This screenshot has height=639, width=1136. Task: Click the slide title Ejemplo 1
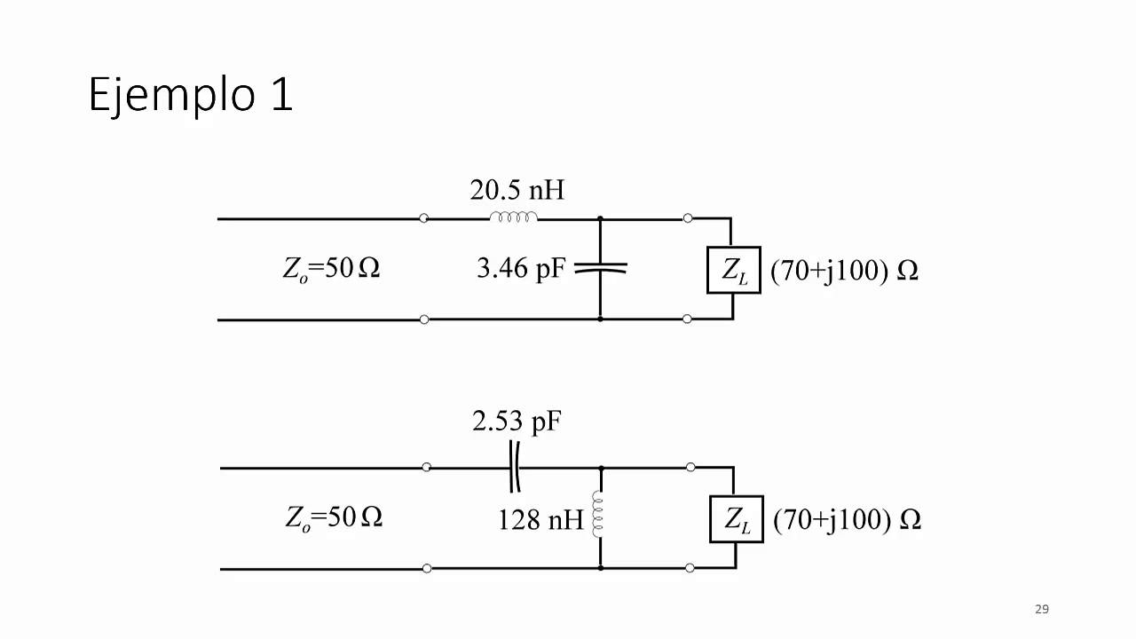tap(191, 95)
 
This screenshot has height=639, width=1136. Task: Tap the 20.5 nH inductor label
tap(517, 190)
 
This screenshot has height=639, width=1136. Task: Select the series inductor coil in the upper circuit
tap(513, 217)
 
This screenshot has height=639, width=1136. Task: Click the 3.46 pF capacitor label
tap(521, 268)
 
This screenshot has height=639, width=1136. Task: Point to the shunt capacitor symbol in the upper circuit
tap(601, 268)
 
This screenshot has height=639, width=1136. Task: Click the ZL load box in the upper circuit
tap(734, 270)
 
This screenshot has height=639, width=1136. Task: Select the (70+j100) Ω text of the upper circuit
tap(844, 271)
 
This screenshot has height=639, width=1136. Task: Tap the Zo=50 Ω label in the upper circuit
tap(331, 269)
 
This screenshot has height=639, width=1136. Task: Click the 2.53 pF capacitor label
tap(517, 422)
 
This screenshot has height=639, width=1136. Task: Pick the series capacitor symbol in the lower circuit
tap(515, 467)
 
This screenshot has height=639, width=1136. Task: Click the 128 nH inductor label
tap(540, 520)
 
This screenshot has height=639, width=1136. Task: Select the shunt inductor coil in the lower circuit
tap(598, 514)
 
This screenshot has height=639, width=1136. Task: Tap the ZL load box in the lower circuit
tap(737, 519)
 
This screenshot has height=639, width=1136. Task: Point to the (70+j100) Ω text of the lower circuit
tap(847, 520)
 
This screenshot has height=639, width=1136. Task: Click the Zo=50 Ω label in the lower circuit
tap(334, 517)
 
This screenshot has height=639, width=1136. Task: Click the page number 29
tap(1042, 609)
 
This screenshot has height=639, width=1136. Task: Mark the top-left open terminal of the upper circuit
tap(423, 218)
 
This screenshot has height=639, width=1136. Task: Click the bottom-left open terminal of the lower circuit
tap(427, 569)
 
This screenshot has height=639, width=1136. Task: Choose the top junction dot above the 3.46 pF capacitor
tap(600, 218)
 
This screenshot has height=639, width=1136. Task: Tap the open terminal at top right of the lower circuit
tap(690, 467)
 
